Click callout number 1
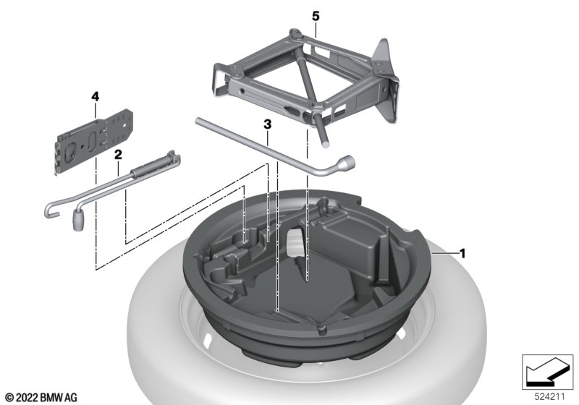462,254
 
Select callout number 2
118,155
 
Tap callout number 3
267,124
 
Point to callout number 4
96,97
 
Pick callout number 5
316,16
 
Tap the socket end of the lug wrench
347,162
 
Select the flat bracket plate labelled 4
94,140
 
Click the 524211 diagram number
549,397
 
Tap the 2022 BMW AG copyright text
42,398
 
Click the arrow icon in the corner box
546,372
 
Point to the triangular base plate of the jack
386,81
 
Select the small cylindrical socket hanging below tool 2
77,220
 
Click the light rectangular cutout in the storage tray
295,242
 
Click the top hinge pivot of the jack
295,33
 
